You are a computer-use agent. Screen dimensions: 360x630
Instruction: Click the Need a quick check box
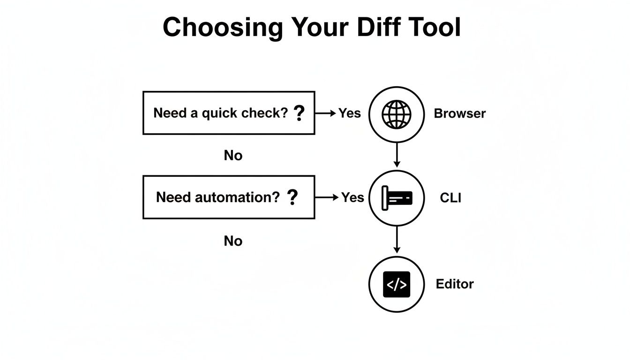pos(228,113)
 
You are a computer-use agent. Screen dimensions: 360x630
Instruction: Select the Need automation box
pos(228,197)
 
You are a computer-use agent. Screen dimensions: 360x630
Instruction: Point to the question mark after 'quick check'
pos(299,113)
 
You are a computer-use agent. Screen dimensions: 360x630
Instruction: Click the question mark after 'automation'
pos(292,198)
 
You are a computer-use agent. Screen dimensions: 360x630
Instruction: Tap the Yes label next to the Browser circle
pos(350,113)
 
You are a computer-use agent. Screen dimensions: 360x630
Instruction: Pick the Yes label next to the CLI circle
pos(352,197)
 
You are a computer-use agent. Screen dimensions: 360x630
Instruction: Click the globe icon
pos(397,114)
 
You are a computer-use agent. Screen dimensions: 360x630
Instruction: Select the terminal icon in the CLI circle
pos(397,198)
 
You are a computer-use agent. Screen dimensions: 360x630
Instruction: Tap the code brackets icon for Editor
pos(397,285)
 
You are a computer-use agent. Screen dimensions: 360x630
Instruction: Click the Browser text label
pos(459,113)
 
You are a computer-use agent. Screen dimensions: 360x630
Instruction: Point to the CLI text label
pos(450,198)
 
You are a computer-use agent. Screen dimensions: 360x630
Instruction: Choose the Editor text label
pos(455,284)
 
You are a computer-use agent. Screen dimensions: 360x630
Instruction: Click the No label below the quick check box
pos(233,155)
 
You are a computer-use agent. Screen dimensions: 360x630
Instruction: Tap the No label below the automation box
pos(233,241)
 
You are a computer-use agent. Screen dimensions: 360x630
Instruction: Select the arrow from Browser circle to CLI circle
pos(397,155)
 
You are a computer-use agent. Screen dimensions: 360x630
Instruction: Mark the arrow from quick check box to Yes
pos(326,113)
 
